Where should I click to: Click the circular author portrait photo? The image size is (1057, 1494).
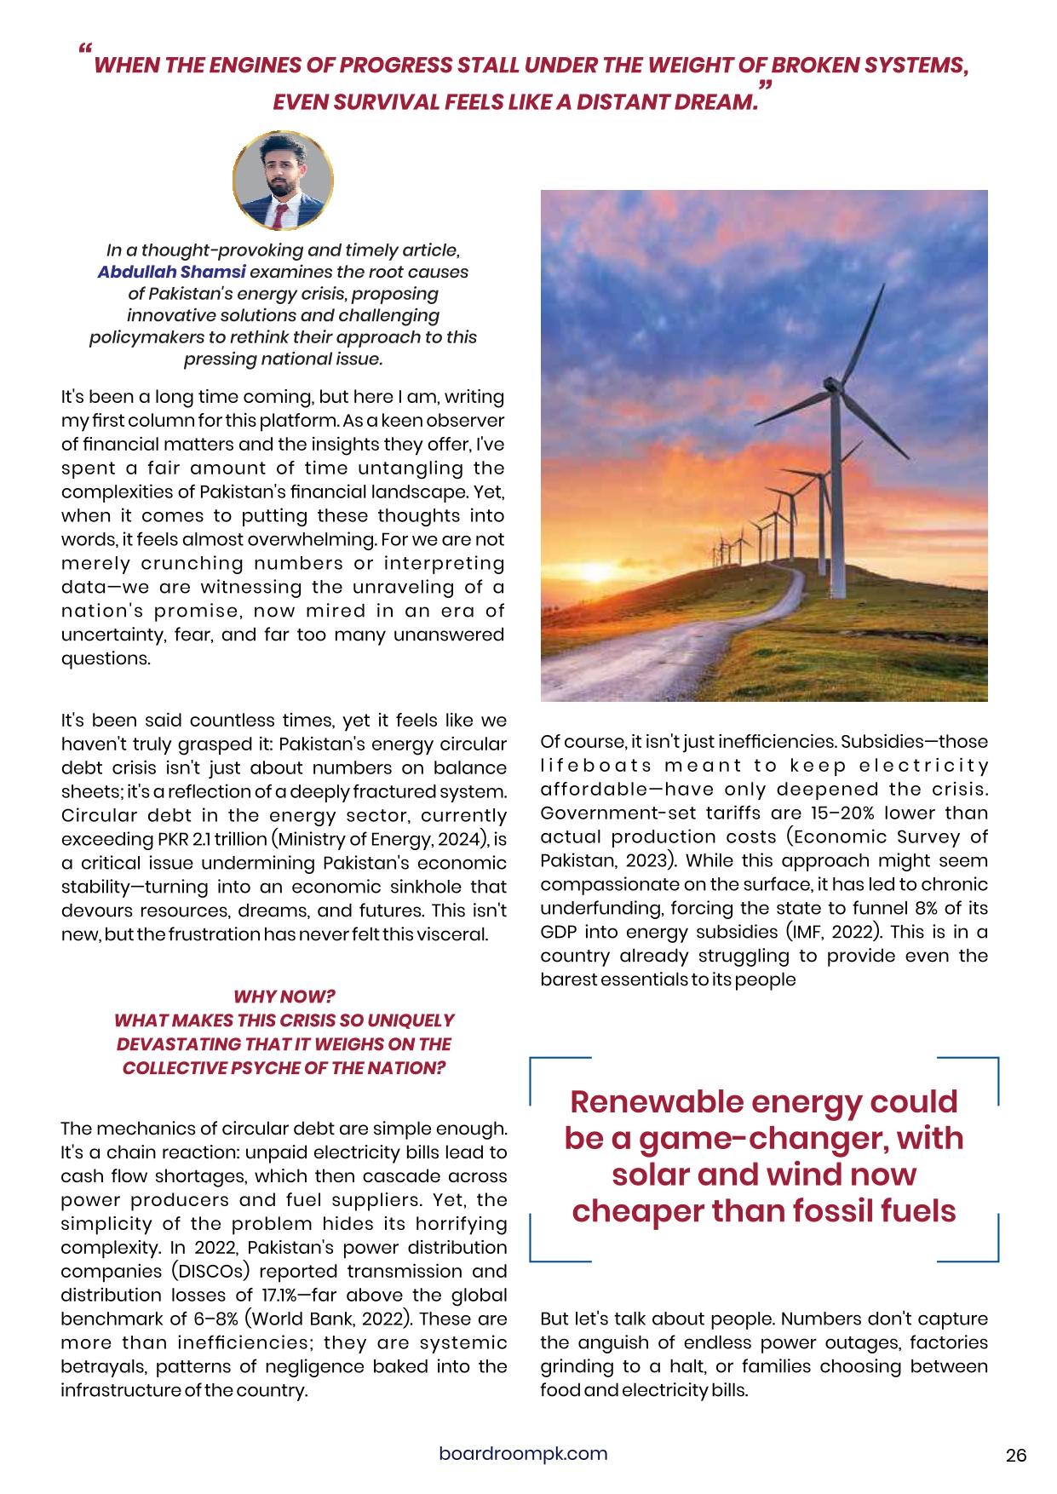(x=283, y=180)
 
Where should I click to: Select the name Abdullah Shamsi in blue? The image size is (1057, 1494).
(x=171, y=272)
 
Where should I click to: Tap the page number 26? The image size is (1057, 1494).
(x=1015, y=1455)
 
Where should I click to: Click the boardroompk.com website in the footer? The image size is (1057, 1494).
(x=523, y=1453)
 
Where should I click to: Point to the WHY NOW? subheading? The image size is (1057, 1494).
(x=284, y=996)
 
